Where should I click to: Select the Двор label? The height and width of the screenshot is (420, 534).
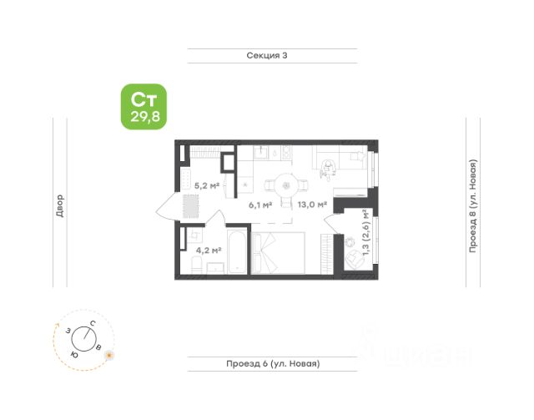click(59, 205)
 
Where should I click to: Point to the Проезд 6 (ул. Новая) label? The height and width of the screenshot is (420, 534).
click(273, 363)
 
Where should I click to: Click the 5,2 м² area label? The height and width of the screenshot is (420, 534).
click(206, 185)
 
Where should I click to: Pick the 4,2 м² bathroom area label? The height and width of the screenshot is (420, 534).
click(208, 249)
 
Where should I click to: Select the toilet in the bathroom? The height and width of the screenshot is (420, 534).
click(194, 266)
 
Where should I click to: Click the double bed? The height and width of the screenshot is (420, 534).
click(283, 255)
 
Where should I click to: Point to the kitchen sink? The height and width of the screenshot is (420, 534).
click(259, 154)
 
